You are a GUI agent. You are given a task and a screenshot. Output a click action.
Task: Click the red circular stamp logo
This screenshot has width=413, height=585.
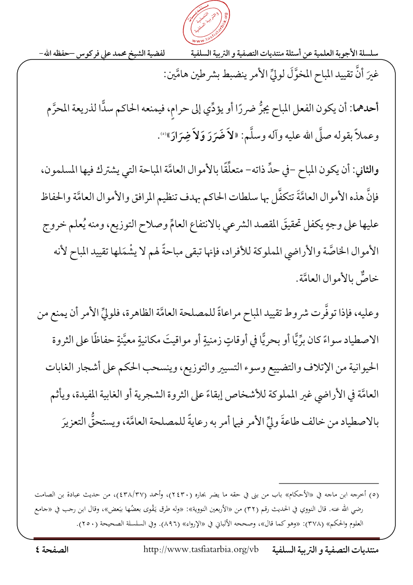pyautogui.click(x=206, y=23)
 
